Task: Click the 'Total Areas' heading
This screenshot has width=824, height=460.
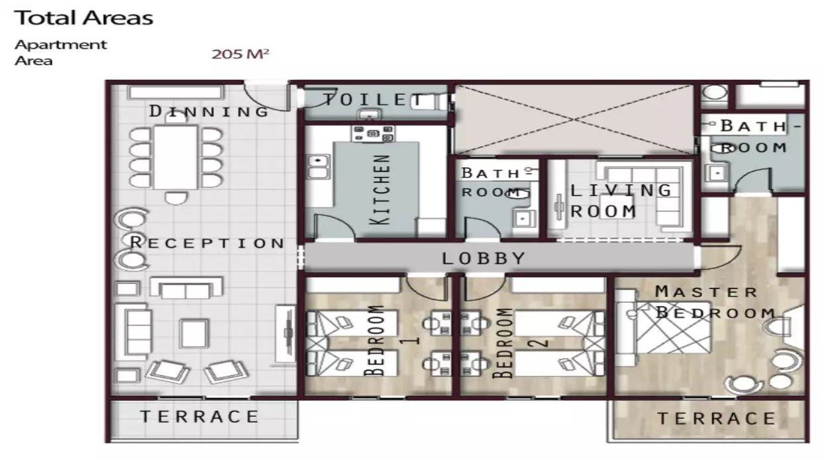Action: (83, 18)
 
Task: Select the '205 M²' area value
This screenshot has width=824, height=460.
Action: (240, 54)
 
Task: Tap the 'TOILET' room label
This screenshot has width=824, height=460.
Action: (373, 99)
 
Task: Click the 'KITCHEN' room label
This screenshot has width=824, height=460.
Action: (380, 190)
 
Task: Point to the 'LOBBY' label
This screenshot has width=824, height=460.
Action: (484, 259)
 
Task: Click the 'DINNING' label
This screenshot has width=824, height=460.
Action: (209, 111)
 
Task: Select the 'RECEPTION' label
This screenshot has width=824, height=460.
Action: (207, 243)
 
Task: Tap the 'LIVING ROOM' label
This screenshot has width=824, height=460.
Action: (621, 201)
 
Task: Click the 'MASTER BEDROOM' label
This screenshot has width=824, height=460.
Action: (715, 302)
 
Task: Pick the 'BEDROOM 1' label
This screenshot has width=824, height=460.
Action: (391, 340)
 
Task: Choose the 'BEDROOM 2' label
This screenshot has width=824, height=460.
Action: (520, 343)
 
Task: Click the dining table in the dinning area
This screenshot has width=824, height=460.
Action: (176, 157)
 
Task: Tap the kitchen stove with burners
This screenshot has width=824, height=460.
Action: (373, 133)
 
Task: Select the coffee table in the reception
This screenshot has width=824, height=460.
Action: (194, 334)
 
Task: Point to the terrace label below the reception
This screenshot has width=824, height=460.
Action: (199, 416)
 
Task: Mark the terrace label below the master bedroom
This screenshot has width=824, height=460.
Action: (716, 418)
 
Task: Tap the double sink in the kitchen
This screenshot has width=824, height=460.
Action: (318, 166)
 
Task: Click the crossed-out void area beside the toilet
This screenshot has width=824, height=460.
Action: (574, 119)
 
